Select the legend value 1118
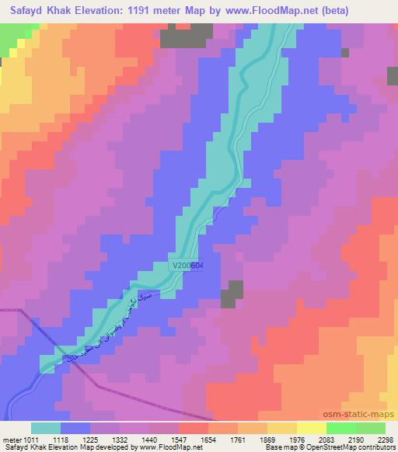click(x=75, y=439)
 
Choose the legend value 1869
click(x=282, y=439)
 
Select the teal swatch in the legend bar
click(x=46, y=428)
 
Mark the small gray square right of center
click(x=230, y=294)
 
